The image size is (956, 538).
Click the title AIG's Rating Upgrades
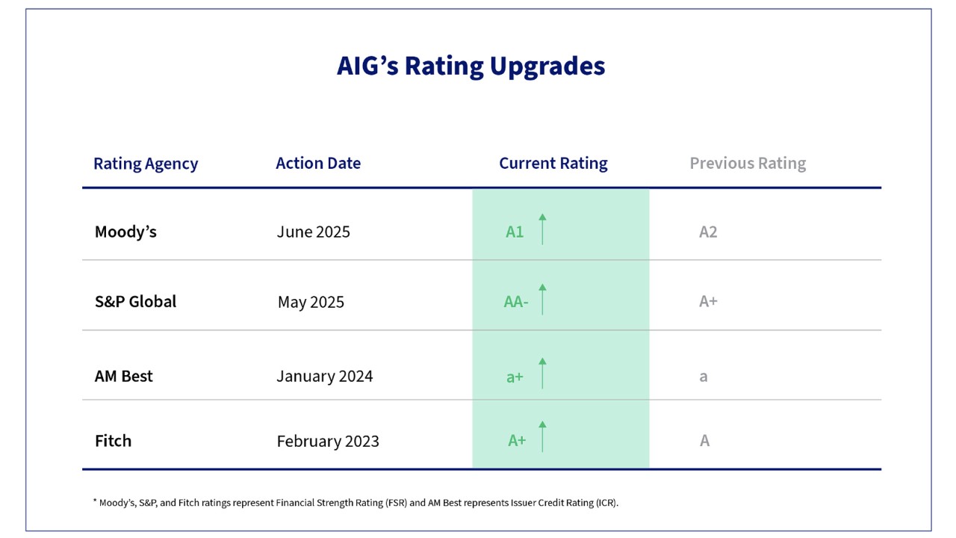tap(471, 66)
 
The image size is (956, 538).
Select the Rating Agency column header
tap(146, 164)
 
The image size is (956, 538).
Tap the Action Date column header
tap(318, 164)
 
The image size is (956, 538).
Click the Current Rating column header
tap(553, 164)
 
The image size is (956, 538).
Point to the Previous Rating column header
tap(748, 164)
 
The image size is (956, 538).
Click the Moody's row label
tap(125, 232)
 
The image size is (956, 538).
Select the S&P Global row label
tap(135, 302)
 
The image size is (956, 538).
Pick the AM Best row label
tap(123, 376)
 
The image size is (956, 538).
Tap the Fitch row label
tap(113, 441)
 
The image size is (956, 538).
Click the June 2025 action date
tap(313, 232)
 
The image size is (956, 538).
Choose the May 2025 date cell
tap(311, 303)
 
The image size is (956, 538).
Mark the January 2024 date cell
tap(324, 376)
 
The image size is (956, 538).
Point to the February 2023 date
tap(328, 442)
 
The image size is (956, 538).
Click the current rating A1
tap(515, 232)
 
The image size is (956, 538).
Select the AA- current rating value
tap(516, 303)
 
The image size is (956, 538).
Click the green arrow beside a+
tap(542, 373)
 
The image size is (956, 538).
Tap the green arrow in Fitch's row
tap(542, 436)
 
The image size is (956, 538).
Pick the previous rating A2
tap(708, 232)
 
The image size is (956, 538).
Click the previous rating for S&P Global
tap(708, 302)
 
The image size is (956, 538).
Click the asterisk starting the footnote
tap(95, 501)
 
